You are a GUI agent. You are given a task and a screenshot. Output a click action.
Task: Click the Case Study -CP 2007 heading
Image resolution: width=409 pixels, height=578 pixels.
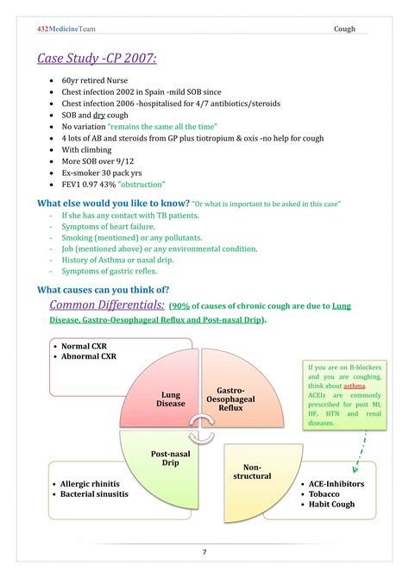[97, 59]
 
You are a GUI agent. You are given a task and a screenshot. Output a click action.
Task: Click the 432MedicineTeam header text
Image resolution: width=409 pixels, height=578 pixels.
[66, 28]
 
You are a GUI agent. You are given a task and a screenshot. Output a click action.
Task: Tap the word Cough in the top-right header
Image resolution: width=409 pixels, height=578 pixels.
[344, 29]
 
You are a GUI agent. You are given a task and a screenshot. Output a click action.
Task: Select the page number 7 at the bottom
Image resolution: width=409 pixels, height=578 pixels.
[204, 552]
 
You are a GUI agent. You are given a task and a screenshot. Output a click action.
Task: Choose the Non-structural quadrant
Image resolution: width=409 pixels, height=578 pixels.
[252, 471]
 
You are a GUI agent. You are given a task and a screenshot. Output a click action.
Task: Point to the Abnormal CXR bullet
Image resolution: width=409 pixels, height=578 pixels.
[88, 355]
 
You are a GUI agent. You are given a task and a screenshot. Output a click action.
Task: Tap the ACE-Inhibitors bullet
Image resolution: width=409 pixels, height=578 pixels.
[336, 484]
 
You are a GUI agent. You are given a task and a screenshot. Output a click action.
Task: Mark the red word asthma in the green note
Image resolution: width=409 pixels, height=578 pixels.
[354, 386]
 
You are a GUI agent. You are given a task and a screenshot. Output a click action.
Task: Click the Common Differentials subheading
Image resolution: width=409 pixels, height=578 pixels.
[107, 305]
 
